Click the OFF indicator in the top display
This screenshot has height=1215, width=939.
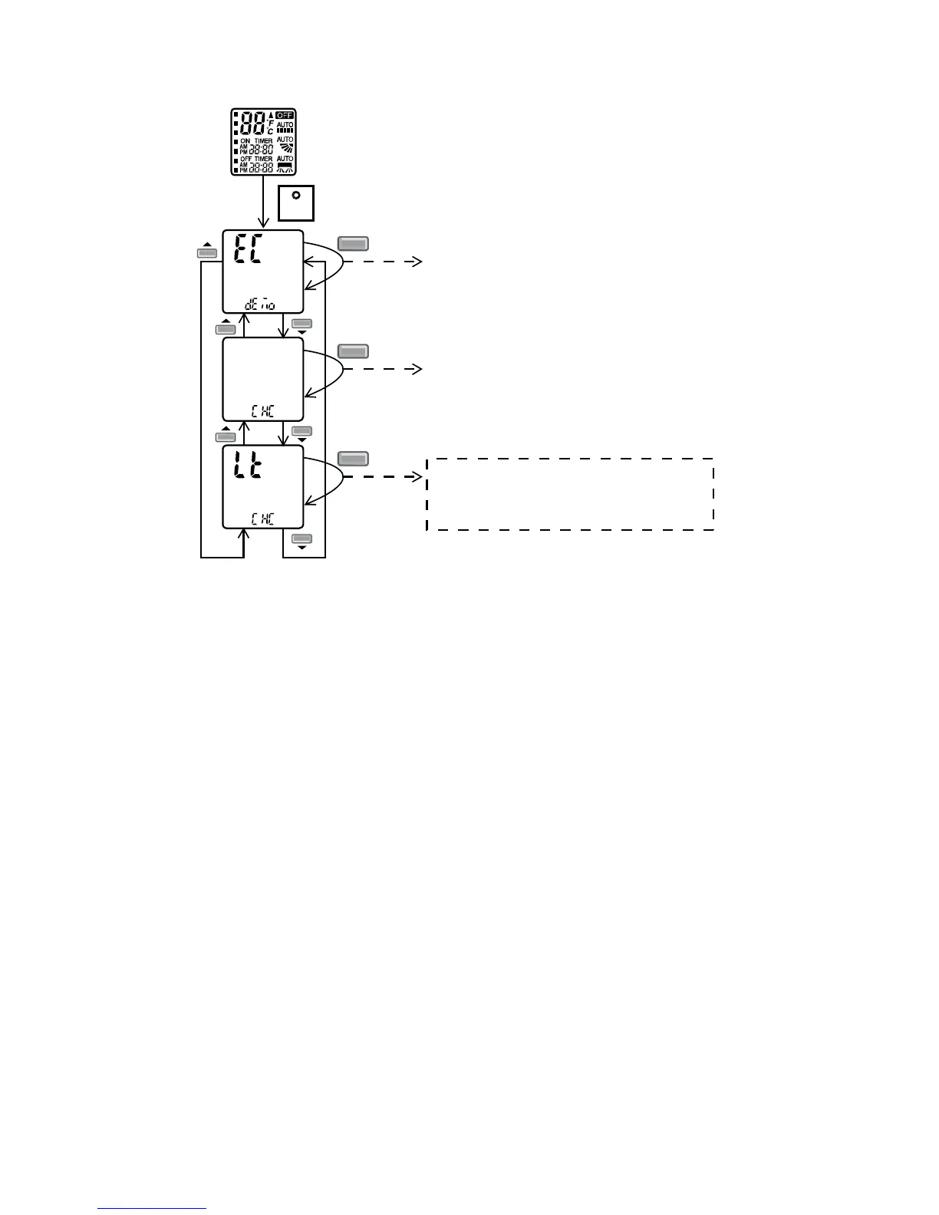285,116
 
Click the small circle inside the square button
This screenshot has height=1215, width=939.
295,194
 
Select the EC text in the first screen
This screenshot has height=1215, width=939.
246,250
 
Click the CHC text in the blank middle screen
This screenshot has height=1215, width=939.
262,410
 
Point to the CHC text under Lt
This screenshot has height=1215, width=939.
262,519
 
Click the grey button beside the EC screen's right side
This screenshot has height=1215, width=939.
354,244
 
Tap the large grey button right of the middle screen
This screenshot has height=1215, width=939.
354,351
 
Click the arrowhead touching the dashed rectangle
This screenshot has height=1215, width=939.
419,476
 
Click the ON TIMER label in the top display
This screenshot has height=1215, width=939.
255,141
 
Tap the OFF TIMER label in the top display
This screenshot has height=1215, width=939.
255,159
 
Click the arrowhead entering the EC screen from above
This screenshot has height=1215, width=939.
263,223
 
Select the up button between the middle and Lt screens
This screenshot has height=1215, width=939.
226,436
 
